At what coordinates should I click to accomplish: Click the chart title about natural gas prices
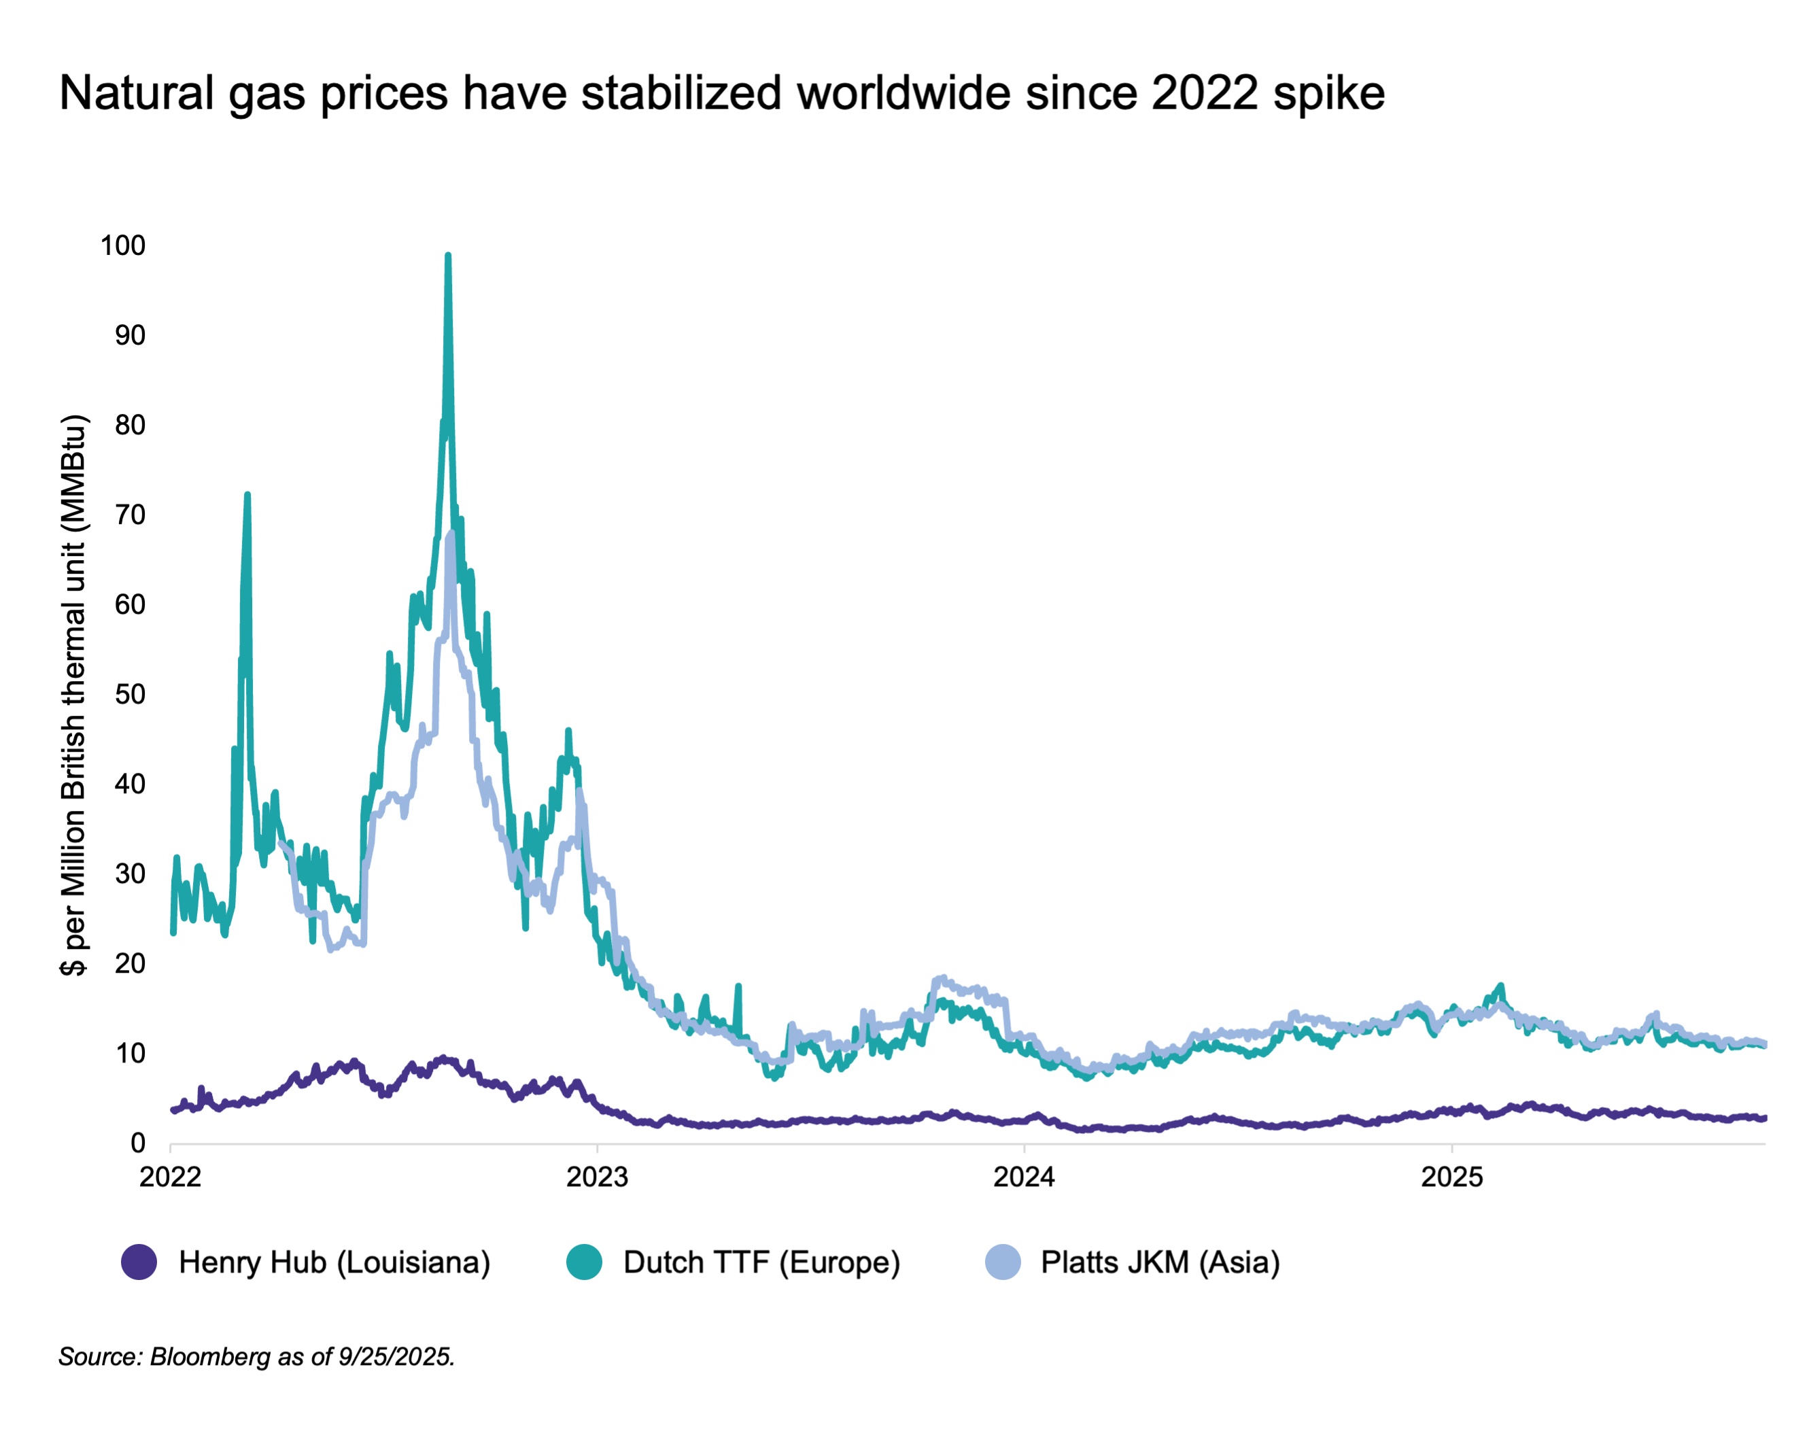click(721, 92)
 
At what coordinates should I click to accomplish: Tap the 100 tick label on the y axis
click(122, 245)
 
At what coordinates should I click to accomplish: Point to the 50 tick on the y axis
click(130, 694)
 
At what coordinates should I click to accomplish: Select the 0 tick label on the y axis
click(137, 1143)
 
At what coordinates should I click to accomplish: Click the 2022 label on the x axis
click(170, 1177)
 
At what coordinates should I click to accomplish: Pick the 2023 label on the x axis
click(597, 1177)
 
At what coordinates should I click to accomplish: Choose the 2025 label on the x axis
click(1451, 1177)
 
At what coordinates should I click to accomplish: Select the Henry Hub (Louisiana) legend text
click(334, 1262)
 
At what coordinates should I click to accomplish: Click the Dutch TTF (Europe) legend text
click(761, 1262)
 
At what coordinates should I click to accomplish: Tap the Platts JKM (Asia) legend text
click(1160, 1262)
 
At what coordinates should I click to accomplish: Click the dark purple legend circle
click(139, 1262)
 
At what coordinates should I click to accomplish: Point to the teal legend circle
click(583, 1262)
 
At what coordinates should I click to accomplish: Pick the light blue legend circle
click(1002, 1262)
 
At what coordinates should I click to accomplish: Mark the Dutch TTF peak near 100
click(447, 256)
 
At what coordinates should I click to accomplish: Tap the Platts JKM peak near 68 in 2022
click(451, 534)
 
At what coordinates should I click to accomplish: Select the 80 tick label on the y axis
click(130, 425)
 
